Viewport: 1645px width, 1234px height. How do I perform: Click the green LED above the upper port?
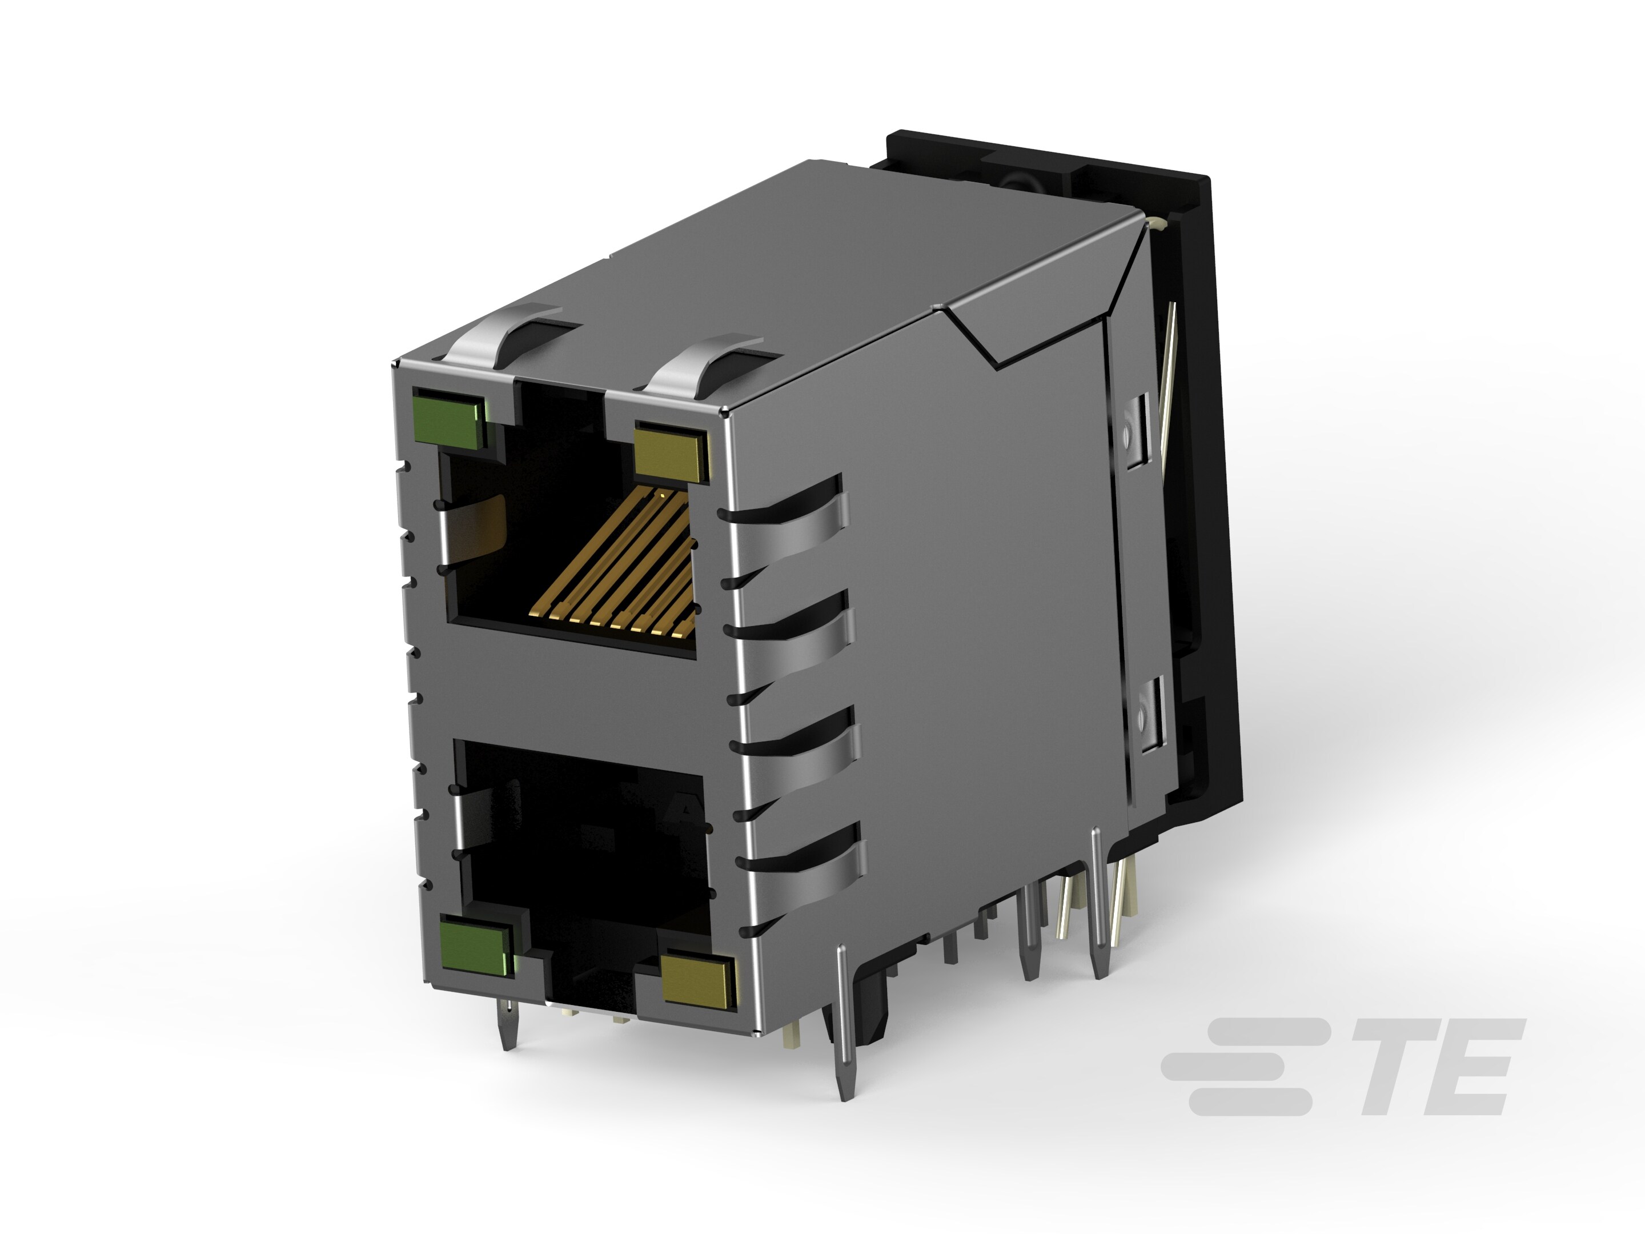(x=448, y=419)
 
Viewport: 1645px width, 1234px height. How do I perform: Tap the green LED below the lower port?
(x=476, y=948)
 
